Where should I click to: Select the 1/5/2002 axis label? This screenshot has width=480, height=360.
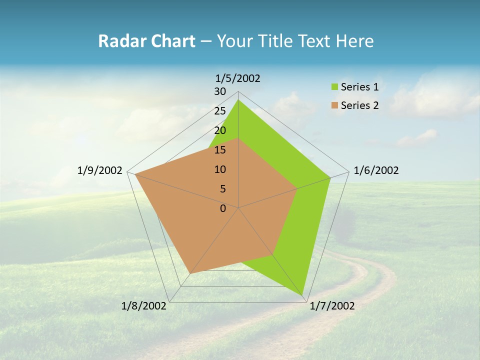237,78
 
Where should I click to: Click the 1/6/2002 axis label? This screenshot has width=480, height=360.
376,170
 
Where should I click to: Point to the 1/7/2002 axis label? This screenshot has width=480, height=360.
332,306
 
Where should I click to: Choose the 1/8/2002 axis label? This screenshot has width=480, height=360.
144,306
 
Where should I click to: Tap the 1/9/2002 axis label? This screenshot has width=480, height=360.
100,170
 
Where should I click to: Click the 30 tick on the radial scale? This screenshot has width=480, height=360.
220,91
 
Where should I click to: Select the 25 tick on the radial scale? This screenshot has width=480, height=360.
220,111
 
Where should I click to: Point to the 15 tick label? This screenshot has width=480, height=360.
220,150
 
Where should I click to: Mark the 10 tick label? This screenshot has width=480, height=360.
220,169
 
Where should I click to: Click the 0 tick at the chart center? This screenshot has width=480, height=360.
223,208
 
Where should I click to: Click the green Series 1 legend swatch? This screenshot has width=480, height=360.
334,87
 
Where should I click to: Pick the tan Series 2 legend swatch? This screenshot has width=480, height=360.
334,105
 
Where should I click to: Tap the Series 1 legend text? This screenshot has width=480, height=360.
359,87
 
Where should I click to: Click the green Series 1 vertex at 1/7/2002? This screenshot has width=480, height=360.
302,295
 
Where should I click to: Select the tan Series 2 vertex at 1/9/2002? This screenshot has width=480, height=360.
135,174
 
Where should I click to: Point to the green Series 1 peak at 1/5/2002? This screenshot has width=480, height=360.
238,100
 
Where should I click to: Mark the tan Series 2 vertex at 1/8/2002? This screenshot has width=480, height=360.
190,273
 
